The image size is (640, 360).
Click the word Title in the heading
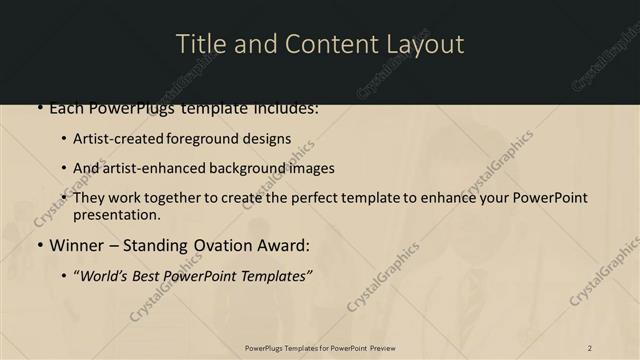tap(198, 44)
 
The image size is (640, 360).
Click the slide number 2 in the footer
tap(589, 348)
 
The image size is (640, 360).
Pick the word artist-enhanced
tap(149, 168)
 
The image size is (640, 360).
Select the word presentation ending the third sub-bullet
tap(116, 215)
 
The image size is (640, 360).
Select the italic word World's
tap(103, 275)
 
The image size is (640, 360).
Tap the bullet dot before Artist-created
tap(64, 139)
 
